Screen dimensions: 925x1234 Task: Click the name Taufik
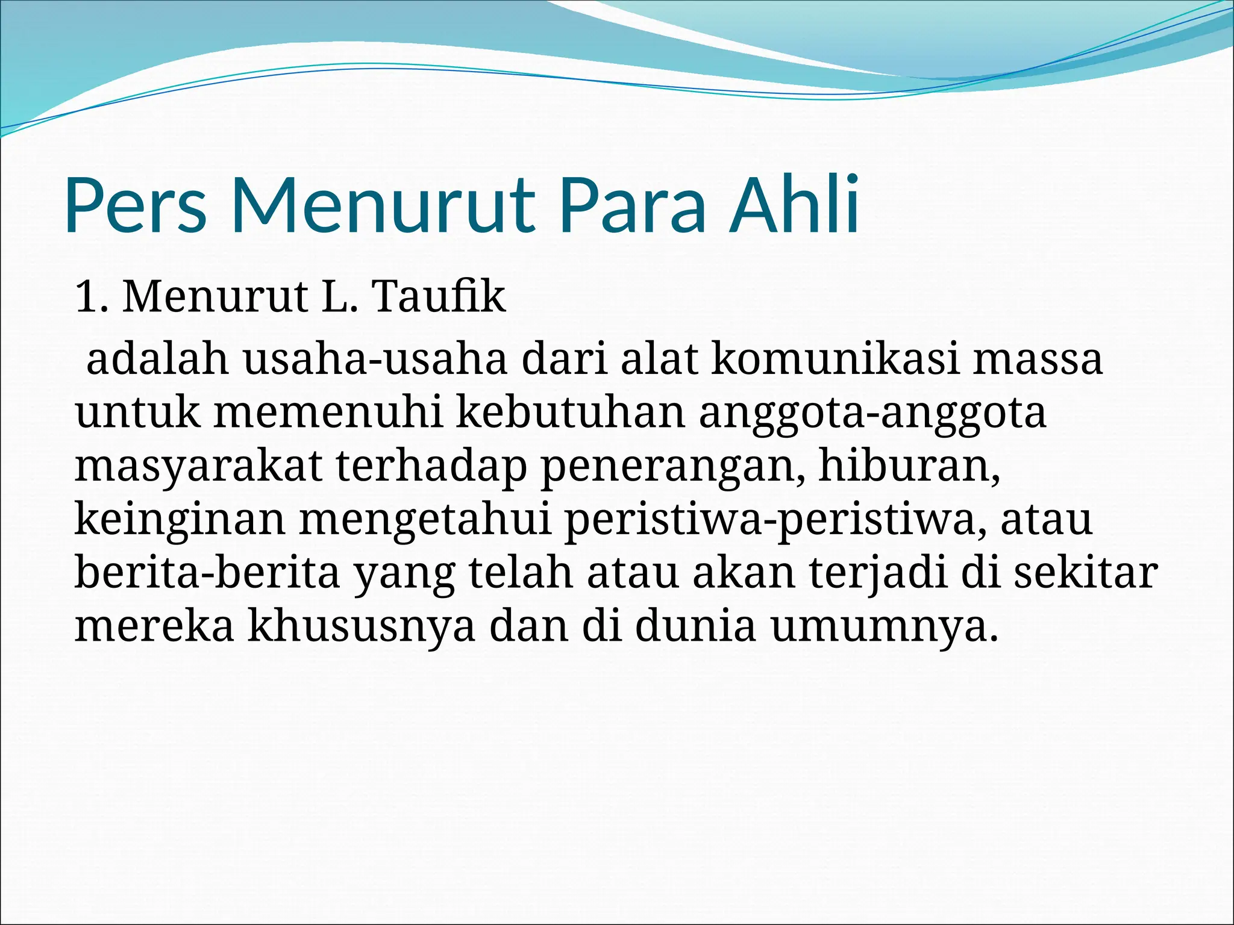pos(439,297)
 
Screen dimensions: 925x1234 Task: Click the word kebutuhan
pos(571,413)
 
